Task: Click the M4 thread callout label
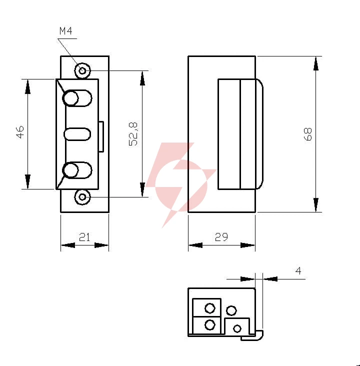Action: point(66,31)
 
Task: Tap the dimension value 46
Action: point(20,132)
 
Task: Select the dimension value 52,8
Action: point(133,134)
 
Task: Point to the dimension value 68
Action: point(307,134)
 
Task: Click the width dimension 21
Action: point(84,237)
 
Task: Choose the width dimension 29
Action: point(221,237)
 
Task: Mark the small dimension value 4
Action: point(298,271)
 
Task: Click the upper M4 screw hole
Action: point(82,70)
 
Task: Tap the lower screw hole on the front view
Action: point(82,197)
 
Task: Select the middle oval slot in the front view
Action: point(77,134)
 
